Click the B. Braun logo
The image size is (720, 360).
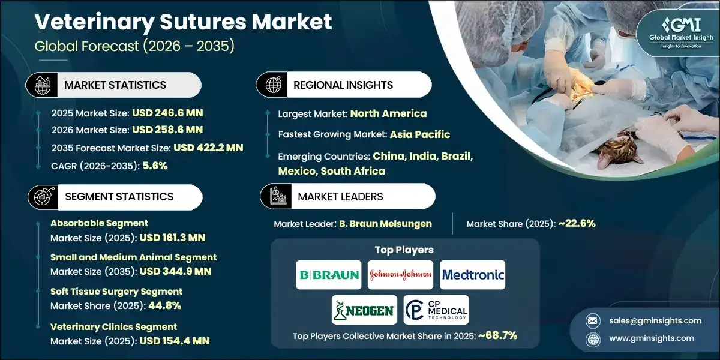pos(329,275)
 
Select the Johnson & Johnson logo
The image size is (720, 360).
pos(400,275)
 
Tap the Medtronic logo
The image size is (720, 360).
pos(473,275)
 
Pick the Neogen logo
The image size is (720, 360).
pos(364,310)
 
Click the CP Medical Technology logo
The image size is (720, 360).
pos(436,310)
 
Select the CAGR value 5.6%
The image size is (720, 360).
pos(155,166)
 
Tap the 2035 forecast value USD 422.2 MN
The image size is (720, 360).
pos(208,148)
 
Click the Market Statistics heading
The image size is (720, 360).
pos(115,85)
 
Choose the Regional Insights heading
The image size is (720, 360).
pos(343,85)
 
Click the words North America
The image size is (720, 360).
pos(388,113)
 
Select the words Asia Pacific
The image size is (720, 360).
pos(419,134)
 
